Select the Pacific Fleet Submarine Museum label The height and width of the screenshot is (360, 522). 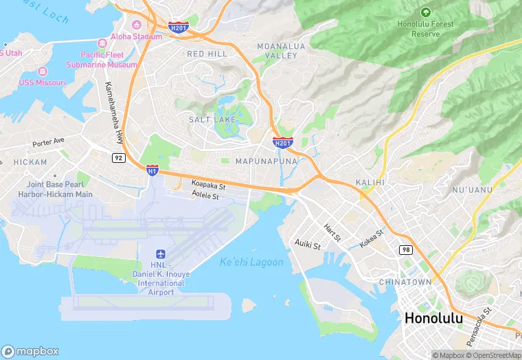point(102,60)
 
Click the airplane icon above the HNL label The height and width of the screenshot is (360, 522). point(160,254)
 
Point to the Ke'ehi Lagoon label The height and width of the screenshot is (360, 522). point(251,262)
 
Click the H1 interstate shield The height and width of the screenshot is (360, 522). point(152,169)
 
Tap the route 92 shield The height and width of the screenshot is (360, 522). point(119,157)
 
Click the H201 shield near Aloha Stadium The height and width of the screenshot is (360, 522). point(178,27)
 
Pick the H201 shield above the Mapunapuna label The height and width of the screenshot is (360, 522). point(282,142)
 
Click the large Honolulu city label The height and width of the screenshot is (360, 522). point(433,318)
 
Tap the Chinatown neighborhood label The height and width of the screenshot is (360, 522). point(405,282)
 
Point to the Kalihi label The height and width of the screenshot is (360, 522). point(371,183)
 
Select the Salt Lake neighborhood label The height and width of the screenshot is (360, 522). point(212,120)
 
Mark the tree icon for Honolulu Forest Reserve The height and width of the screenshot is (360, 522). point(425,12)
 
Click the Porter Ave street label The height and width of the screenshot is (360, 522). point(48,142)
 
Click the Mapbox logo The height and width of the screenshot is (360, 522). point(31,351)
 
